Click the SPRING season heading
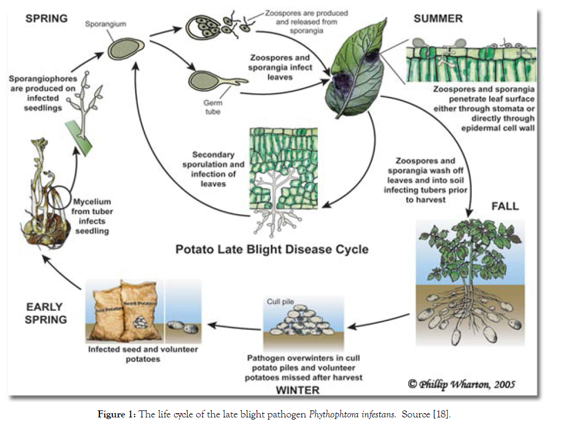46,18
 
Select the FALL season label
505,206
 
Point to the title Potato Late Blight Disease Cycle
272,249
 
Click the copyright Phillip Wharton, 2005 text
462,384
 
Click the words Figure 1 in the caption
116,414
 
